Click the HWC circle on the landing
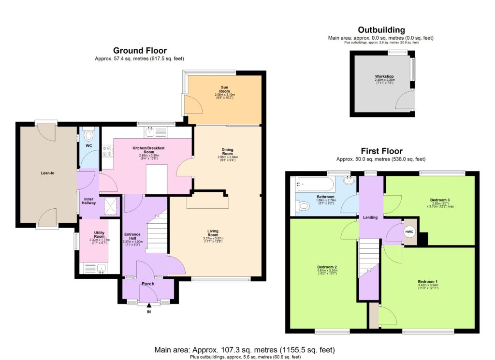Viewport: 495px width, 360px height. (409, 231)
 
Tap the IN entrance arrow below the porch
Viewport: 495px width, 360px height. (149, 305)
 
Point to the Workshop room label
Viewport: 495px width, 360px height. (384, 77)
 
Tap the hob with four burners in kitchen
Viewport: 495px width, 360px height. (107, 151)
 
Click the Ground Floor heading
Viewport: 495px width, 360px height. (140, 50)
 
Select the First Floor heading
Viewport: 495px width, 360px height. (381, 151)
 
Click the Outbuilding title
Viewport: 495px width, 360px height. (381, 30)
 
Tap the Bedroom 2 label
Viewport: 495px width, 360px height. (327, 267)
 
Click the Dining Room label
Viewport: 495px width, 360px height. (227, 151)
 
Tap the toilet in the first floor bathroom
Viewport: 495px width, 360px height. (304, 207)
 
